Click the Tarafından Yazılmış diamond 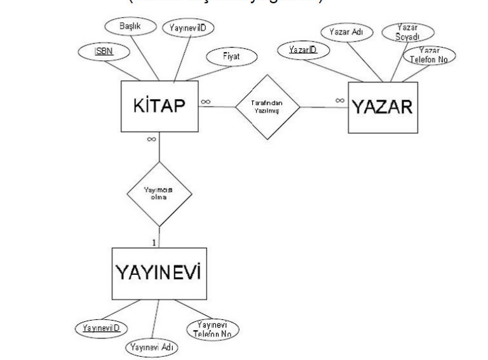point(267,106)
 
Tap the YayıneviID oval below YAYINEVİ point(101,328)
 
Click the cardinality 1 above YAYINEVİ point(153,243)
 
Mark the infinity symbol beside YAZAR point(340,100)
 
